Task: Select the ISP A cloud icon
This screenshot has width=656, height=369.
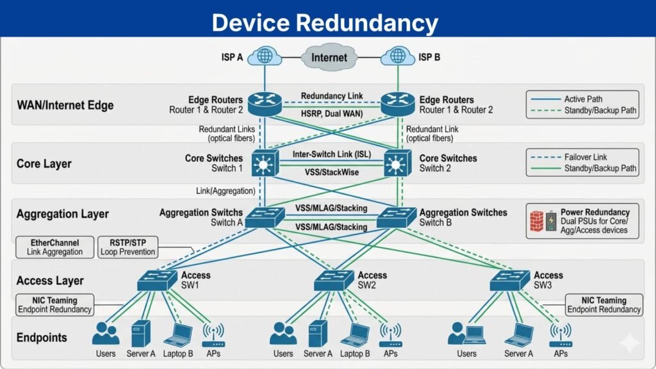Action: click(264, 56)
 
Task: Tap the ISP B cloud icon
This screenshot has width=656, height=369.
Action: click(397, 56)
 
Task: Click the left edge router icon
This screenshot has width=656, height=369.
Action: click(265, 104)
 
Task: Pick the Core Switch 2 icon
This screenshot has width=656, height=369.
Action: click(397, 163)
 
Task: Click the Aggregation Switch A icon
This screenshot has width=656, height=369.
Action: click(264, 217)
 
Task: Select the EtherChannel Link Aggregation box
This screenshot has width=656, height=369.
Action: click(54, 247)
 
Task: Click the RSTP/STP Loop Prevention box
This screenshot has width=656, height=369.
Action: click(127, 247)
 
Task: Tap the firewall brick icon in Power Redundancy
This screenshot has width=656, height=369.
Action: click(536, 221)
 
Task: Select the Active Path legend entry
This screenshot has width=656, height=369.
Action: click(582, 99)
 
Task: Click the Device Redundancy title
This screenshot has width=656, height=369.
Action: click(325, 23)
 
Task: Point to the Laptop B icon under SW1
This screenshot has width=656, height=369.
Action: click(178, 334)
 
